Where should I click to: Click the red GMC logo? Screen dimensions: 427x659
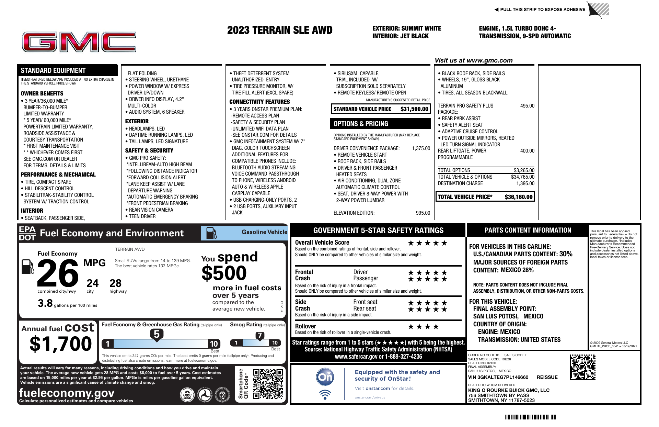point(79,42)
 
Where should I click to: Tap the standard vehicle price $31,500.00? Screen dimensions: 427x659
point(414,109)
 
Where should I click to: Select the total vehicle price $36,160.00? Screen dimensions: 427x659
point(518,197)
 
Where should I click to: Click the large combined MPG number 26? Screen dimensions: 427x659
point(58,273)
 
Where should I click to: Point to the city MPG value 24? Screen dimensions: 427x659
point(92,283)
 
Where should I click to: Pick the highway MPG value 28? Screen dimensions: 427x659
point(115,283)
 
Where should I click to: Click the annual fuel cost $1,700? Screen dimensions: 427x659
point(61,344)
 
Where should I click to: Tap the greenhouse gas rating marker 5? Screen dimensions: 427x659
point(157,334)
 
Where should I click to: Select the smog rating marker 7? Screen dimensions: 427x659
point(260,336)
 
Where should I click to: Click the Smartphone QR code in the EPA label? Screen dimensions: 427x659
point(268,384)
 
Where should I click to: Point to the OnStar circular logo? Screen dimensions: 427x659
point(325,377)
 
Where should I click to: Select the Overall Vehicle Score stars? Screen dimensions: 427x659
point(427,243)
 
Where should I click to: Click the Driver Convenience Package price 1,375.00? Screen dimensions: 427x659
point(421,148)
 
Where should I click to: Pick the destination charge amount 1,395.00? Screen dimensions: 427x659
point(525,183)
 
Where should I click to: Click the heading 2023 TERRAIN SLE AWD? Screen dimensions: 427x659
point(280,30)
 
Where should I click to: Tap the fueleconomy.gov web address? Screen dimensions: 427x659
point(67,393)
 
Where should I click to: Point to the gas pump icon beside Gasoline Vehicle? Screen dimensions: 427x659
point(211,233)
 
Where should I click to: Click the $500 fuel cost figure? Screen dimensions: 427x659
point(224,273)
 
